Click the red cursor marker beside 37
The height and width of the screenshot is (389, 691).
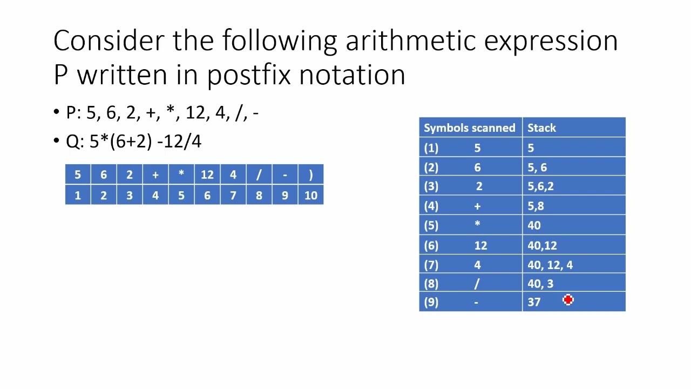pyautogui.click(x=568, y=300)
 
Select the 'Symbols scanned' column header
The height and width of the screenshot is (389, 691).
pyautogui.click(x=469, y=128)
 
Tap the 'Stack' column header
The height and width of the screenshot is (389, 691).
pyautogui.click(x=541, y=128)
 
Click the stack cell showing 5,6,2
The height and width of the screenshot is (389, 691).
pyautogui.click(x=540, y=186)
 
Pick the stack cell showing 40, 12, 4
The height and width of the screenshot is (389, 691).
pyautogui.click(x=550, y=265)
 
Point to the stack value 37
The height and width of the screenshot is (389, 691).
pyautogui.click(x=534, y=302)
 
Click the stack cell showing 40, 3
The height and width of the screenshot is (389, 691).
pyautogui.click(x=540, y=284)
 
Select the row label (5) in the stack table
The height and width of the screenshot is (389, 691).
pyautogui.click(x=431, y=226)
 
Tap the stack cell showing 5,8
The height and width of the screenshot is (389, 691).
pyautogui.click(x=536, y=206)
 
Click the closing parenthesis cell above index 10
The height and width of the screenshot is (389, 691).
pyautogui.click(x=310, y=175)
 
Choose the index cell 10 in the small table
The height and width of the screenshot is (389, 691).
pyautogui.click(x=310, y=196)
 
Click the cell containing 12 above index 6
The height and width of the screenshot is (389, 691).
pyautogui.click(x=207, y=175)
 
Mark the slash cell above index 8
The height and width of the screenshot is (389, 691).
pyautogui.click(x=259, y=175)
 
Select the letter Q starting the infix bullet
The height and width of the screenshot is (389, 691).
pyautogui.click(x=72, y=142)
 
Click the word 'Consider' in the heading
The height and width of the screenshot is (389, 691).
pyautogui.click(x=108, y=41)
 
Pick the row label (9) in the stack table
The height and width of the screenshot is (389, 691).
pyautogui.click(x=431, y=302)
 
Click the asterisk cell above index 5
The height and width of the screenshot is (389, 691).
pyautogui.click(x=181, y=175)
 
